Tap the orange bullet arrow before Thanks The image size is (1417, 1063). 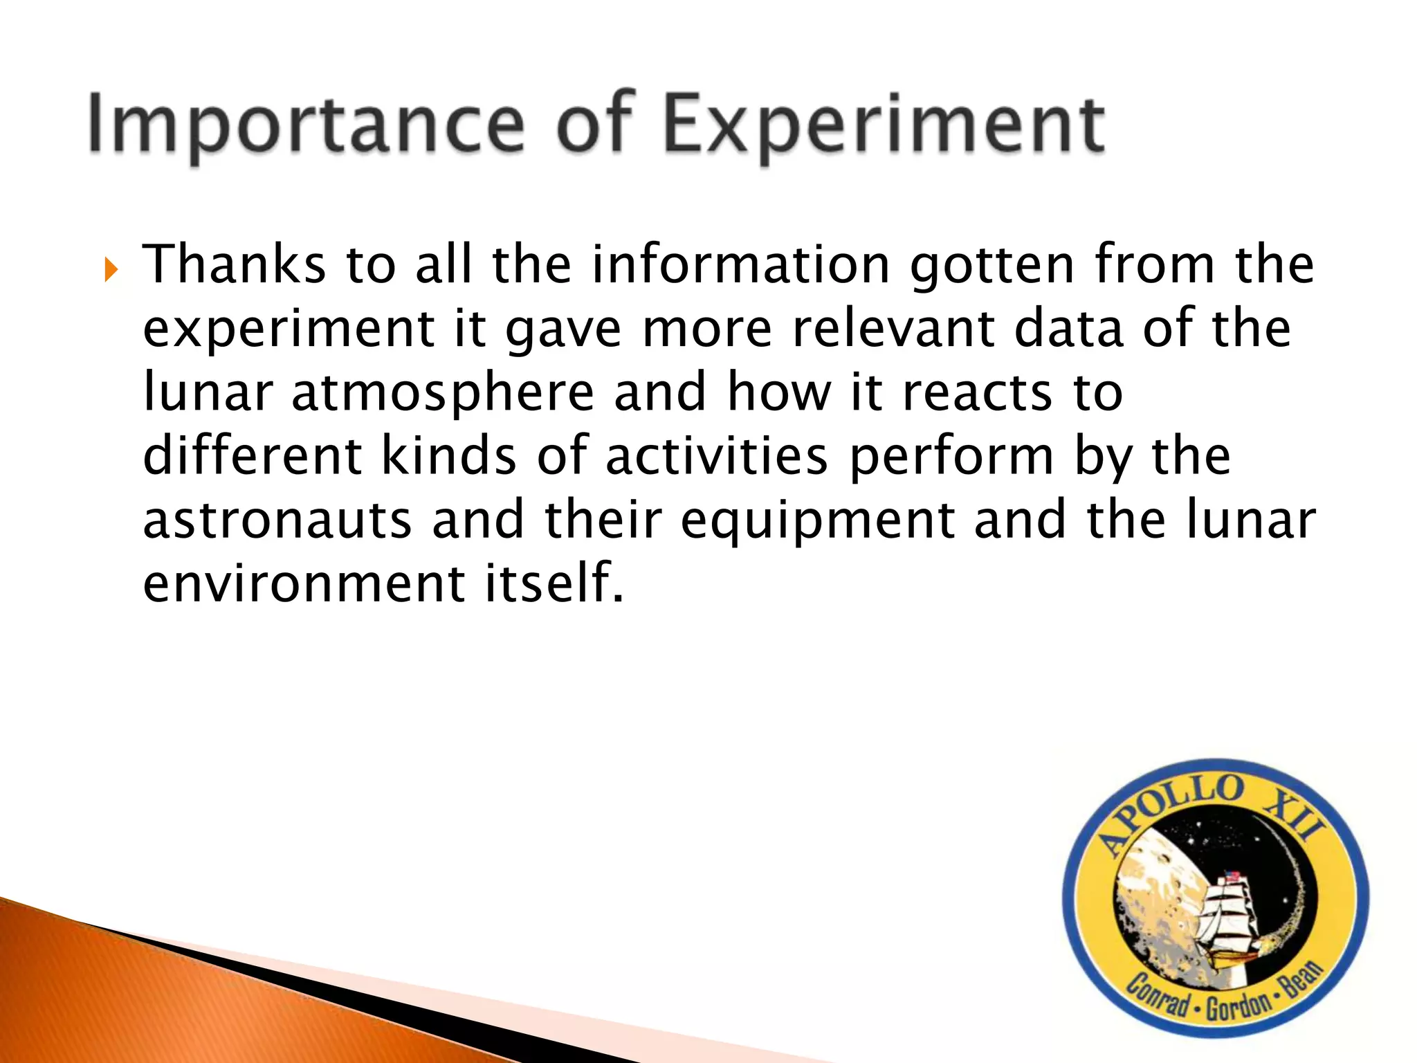click(x=111, y=269)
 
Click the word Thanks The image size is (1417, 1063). click(x=234, y=265)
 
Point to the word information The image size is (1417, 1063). click(x=741, y=265)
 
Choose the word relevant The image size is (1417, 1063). click(x=893, y=329)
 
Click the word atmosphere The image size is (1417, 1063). click(x=443, y=393)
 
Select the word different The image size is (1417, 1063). click(x=253, y=456)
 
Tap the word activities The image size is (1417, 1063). click(x=716, y=456)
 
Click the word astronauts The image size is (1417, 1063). click(x=277, y=520)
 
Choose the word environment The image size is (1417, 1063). click(x=304, y=583)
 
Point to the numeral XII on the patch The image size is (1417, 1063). click(x=1295, y=817)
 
